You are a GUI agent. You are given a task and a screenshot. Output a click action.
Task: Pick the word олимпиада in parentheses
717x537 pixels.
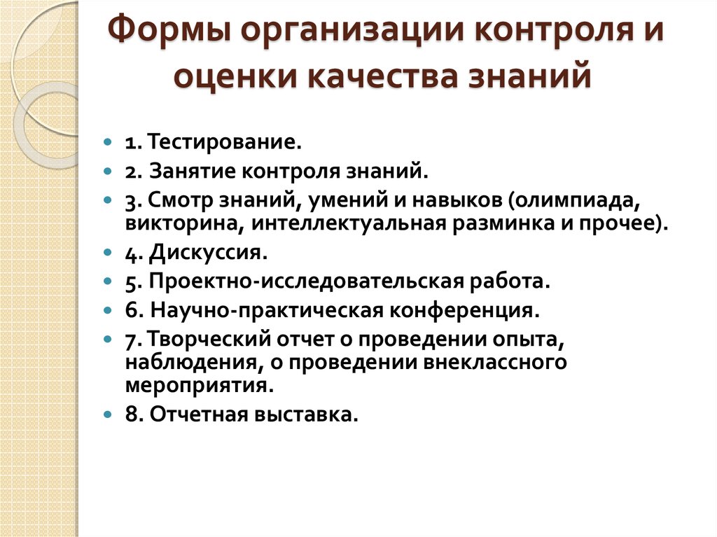pos(576,199)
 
